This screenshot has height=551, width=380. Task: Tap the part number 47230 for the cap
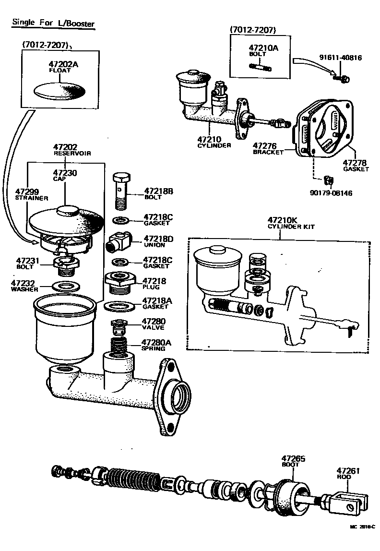tap(65, 172)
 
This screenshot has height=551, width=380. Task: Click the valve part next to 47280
tap(119, 327)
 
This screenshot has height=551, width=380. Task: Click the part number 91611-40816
tap(341, 58)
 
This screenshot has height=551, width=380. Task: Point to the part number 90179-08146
tap(332, 193)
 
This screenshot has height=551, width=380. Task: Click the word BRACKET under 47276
tap(268, 152)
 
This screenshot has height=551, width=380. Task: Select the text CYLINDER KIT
tap(291, 227)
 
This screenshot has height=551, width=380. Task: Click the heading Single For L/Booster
tap(53, 23)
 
